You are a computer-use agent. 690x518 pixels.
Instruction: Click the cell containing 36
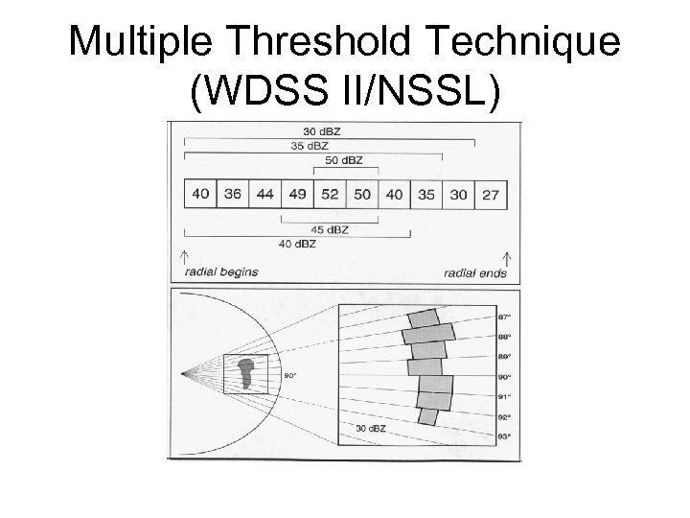233,194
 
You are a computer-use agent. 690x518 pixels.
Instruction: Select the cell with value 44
265,194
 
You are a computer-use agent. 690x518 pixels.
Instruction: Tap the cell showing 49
297,194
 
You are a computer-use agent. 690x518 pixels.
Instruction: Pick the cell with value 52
330,194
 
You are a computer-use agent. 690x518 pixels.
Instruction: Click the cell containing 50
362,194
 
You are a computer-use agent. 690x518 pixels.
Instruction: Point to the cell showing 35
426,194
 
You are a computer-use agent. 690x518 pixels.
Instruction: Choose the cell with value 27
491,194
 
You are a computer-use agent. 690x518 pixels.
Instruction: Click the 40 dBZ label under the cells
298,244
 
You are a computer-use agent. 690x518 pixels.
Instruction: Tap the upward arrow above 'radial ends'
507,257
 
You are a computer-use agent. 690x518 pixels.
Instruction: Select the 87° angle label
504,317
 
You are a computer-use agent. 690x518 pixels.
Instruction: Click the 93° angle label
504,436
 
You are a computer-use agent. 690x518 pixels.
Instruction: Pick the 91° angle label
504,396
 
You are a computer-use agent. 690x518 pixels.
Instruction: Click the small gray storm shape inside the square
248,372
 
